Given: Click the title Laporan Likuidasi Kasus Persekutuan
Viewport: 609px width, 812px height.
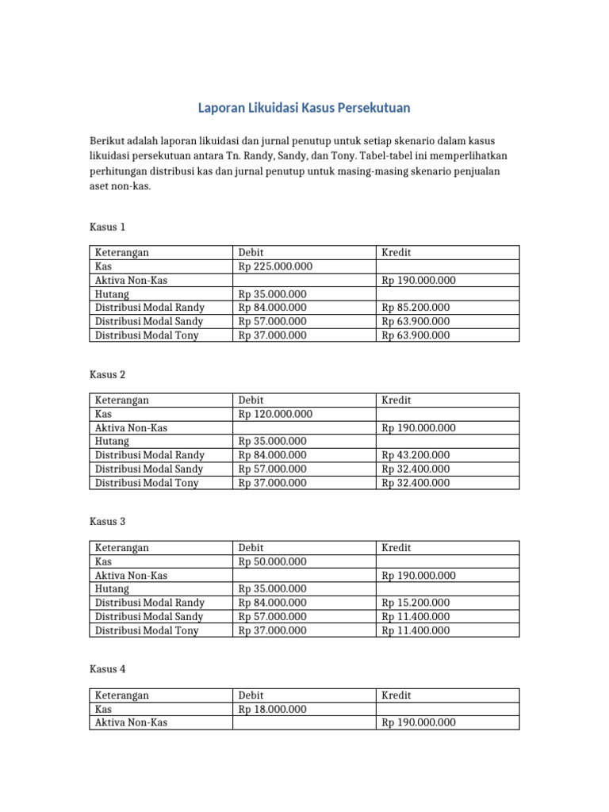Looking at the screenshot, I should tap(304, 107).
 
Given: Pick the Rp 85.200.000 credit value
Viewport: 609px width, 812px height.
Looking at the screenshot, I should tap(416, 308).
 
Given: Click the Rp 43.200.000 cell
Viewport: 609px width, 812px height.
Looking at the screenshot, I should tap(416, 455).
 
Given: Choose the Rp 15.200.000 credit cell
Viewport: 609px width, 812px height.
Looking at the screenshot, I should tap(416, 603).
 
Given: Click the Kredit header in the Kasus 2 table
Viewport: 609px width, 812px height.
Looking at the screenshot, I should tap(396, 400).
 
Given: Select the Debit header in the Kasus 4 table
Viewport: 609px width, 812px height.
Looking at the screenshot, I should tap(251, 695).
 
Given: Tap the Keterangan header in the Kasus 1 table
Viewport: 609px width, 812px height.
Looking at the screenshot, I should tap(122, 253).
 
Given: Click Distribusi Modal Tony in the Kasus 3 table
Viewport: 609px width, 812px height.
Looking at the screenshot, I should tap(147, 630).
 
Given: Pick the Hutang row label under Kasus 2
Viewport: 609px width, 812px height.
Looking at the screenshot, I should tap(112, 441).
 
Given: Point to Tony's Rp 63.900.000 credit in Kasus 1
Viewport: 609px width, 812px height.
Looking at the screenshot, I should tap(416, 335).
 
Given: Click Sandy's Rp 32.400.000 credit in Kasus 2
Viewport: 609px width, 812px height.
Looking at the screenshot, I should tap(416, 469).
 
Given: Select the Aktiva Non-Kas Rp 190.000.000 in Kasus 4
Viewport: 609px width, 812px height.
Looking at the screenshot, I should tap(419, 722).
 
